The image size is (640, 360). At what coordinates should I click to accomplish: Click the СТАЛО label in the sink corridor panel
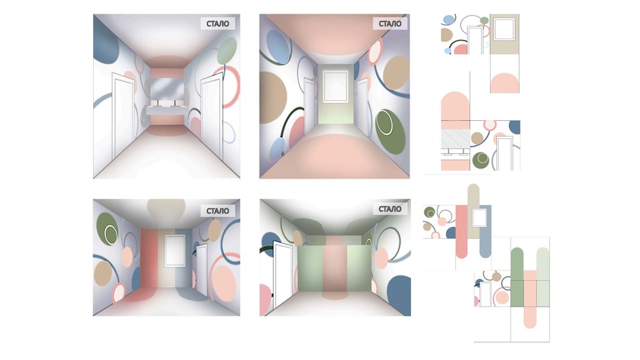pos(218,23)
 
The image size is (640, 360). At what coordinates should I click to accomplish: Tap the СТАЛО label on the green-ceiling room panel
pos(390,209)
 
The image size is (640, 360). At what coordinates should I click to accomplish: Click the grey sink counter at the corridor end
pos(166,110)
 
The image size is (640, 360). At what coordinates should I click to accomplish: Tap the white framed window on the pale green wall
pos(335,86)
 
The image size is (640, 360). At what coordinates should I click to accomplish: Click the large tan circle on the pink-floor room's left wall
pos(273,97)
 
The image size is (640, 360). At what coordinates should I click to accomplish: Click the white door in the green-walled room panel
pos(282,275)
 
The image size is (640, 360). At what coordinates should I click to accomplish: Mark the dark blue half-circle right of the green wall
pos(399,295)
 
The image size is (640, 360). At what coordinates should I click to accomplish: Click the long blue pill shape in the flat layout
pos(485,231)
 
